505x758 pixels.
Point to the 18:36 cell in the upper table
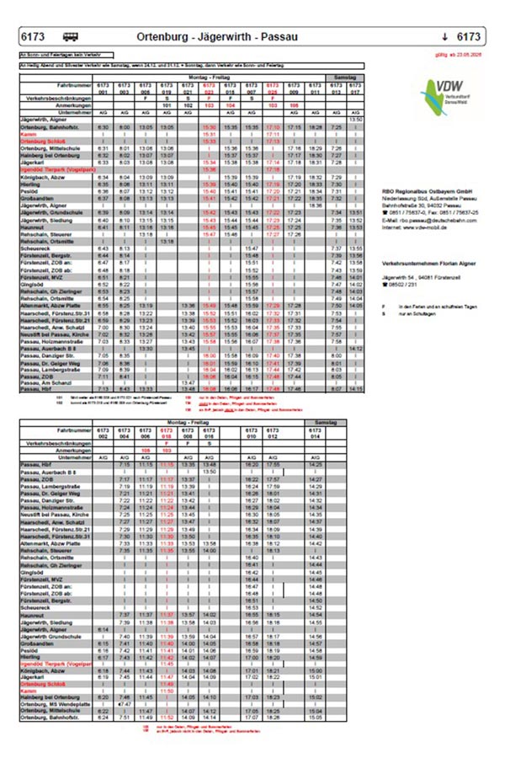(316, 205)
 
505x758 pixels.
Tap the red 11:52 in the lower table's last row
(166, 718)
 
